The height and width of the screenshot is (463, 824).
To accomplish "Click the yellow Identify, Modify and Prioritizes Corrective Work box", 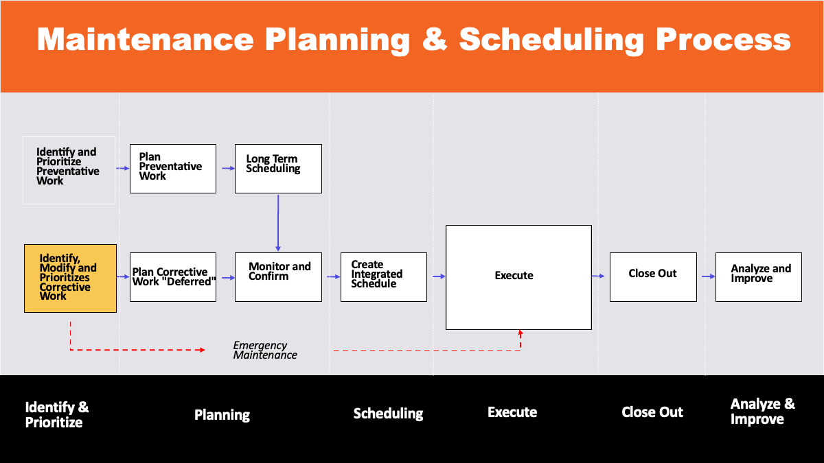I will point(70,278).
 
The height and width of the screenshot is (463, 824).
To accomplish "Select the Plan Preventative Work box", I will point(173,168).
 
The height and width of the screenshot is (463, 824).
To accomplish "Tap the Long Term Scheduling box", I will point(278,168).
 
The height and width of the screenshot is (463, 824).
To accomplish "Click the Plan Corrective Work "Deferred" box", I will point(173,276).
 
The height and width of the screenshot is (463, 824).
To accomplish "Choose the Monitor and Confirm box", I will point(278,276).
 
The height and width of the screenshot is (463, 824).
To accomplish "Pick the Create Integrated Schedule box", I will point(383,276).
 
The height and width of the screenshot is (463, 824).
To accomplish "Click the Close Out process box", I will point(653,276).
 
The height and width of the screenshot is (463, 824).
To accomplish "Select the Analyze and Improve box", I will point(758,276).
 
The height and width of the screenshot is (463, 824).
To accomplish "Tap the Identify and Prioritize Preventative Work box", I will point(69,169).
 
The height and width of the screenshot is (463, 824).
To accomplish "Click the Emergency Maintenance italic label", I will point(265,350).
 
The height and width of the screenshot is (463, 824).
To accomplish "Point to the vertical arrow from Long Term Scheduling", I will point(278,223).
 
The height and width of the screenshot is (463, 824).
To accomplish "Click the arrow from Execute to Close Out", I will point(599,276).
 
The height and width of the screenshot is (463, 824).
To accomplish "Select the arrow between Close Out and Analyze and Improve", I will point(706,276).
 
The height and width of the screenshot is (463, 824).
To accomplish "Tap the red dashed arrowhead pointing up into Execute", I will point(520,333).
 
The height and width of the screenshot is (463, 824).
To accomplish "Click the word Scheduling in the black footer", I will point(388,414).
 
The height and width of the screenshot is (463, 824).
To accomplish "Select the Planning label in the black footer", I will point(222,415).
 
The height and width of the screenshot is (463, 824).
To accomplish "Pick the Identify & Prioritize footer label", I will point(57,414).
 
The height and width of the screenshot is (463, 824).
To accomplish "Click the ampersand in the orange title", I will point(434,40).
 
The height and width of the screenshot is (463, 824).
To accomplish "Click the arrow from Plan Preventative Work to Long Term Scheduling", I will point(226,168).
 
